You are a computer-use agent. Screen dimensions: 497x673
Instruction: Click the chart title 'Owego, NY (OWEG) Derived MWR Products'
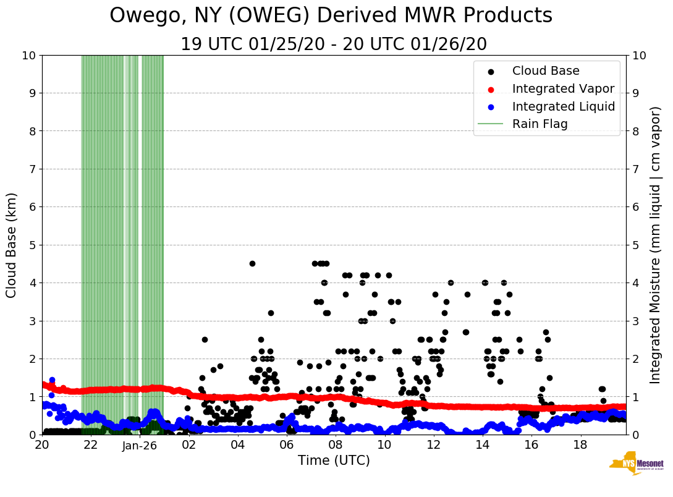pyautogui.click(x=331, y=16)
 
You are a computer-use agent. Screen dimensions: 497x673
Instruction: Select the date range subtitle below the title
pyautogui.click(x=334, y=45)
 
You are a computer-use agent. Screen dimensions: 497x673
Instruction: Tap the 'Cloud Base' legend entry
pyautogui.click(x=546, y=71)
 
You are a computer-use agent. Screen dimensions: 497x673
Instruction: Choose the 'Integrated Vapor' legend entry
pyautogui.click(x=563, y=88)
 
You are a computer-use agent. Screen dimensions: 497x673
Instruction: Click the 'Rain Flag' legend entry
pyautogui.click(x=540, y=124)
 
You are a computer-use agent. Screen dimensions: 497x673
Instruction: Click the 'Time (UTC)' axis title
pyautogui.click(x=334, y=461)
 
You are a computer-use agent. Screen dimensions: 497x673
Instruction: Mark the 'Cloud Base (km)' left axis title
pyautogui.click(x=12, y=245)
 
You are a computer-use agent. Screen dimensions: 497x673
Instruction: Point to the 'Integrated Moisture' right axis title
pyautogui.click(x=656, y=245)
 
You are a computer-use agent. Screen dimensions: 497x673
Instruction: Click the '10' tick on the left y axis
pyautogui.click(x=28, y=56)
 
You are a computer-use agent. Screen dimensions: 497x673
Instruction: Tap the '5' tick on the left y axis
pyautogui.click(x=32, y=245)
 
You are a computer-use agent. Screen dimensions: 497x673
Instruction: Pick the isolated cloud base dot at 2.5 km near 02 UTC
pyautogui.click(x=205, y=339)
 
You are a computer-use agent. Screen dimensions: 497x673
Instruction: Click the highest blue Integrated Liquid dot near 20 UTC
pyautogui.click(x=52, y=380)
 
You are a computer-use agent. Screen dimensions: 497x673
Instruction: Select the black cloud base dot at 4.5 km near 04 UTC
pyautogui.click(x=252, y=263)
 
